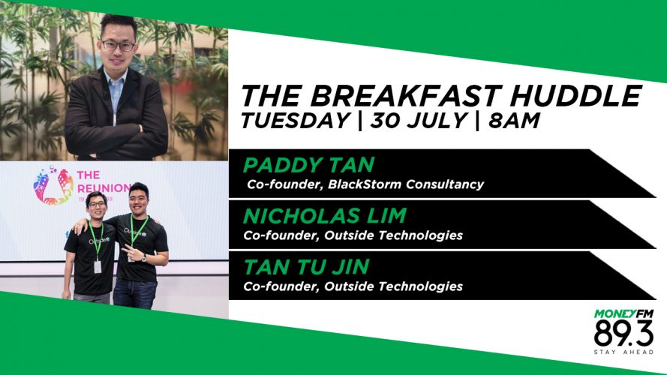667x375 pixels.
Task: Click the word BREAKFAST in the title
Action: [x=405, y=95]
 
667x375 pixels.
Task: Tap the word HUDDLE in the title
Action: [x=575, y=95]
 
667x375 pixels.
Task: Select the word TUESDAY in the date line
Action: [x=296, y=120]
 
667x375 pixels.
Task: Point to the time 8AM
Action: [x=514, y=120]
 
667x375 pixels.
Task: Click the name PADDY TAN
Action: [x=309, y=165]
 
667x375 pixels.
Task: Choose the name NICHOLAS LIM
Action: [x=325, y=215]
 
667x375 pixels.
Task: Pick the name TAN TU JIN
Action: [x=306, y=267]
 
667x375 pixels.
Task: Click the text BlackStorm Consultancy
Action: [x=406, y=184]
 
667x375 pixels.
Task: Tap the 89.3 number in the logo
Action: [x=623, y=333]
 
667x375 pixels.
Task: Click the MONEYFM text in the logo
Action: [x=623, y=314]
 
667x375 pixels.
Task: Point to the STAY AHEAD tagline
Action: [x=623, y=352]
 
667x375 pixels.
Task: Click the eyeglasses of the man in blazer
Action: [x=118, y=46]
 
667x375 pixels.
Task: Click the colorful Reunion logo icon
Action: [x=53, y=186]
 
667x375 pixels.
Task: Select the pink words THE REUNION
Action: [x=104, y=181]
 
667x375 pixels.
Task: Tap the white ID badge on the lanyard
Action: [x=98, y=266]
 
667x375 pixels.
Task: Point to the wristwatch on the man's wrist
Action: [x=145, y=258]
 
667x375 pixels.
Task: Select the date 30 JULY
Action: [x=418, y=120]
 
